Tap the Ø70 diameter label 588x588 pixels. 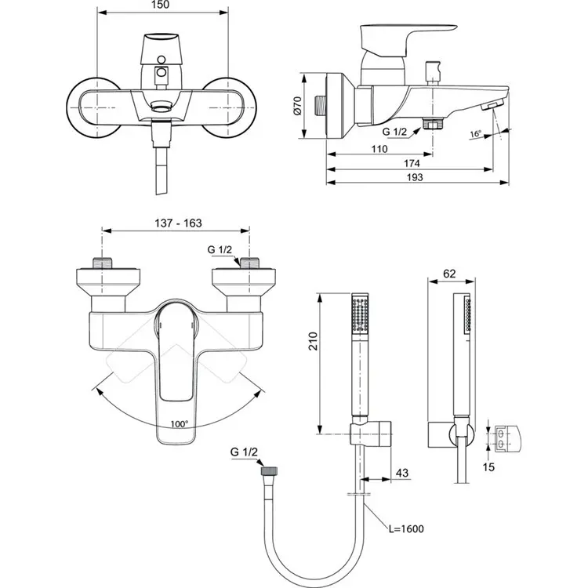(299, 107)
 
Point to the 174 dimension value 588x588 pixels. (411, 163)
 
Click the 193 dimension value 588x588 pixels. (416, 178)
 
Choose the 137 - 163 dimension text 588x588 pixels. (176, 223)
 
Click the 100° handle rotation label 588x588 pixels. (179, 424)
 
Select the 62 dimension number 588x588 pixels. (449, 274)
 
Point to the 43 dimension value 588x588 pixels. (401, 473)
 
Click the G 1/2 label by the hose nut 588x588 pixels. (244, 452)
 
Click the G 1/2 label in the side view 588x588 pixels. (394, 132)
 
